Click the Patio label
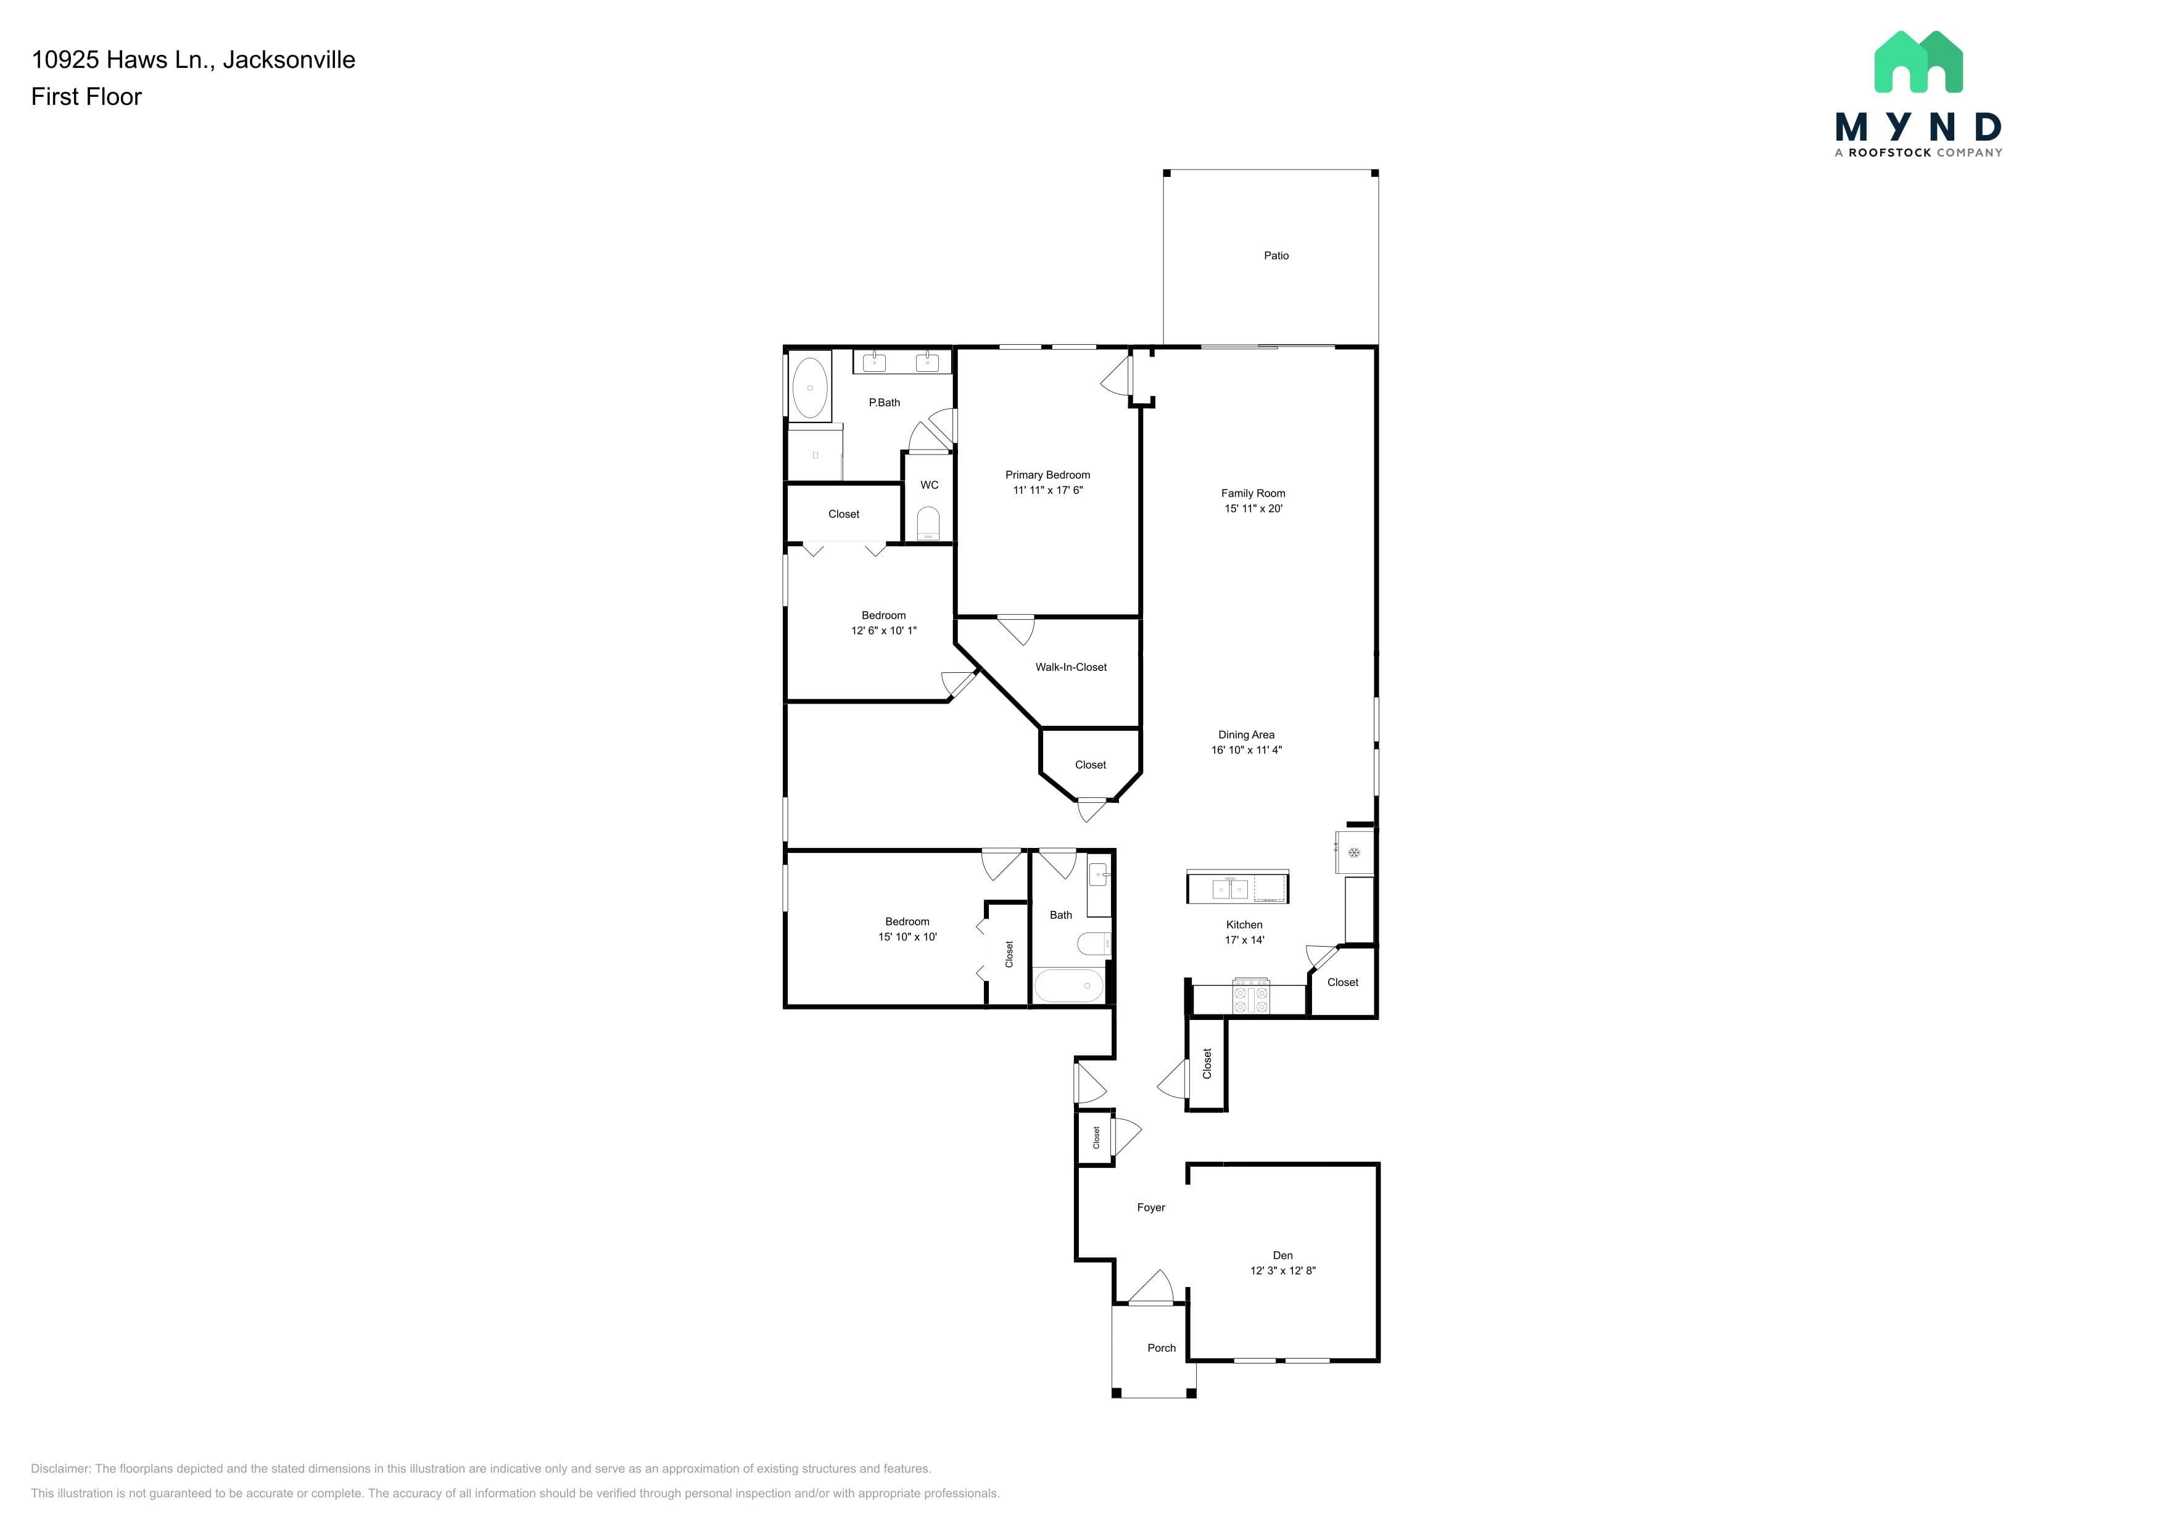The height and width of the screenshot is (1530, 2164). click(x=1276, y=255)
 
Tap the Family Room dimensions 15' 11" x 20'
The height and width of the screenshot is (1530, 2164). click(x=1253, y=509)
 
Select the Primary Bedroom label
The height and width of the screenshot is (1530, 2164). click(x=1047, y=475)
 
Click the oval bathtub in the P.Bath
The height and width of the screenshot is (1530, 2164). click(x=809, y=387)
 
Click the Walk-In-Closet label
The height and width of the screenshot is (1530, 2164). click(x=1071, y=667)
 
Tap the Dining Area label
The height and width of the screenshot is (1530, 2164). click(x=1246, y=735)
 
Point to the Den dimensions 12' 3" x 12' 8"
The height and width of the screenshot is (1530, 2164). click(x=1282, y=1271)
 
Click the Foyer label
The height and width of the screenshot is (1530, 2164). click(x=1151, y=1208)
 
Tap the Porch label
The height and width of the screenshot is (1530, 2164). click(x=1161, y=1348)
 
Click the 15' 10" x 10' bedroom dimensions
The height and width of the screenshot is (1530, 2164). click(x=907, y=937)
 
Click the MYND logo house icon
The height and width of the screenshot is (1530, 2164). click(x=1918, y=62)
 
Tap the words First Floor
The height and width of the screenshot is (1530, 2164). click(x=87, y=97)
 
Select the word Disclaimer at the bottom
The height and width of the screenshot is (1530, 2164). click(x=60, y=1469)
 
